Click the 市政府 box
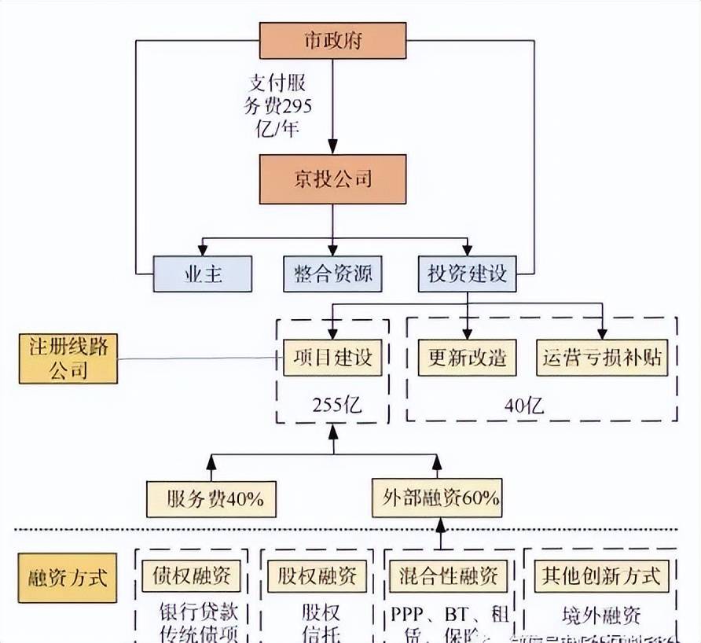click(x=333, y=40)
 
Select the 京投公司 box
click(x=333, y=179)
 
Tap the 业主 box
click(x=203, y=274)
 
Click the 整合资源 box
click(x=333, y=274)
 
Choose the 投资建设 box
click(x=467, y=274)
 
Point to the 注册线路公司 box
click(x=68, y=358)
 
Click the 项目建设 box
click(x=332, y=358)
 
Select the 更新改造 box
click(x=467, y=358)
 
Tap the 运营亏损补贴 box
click(x=603, y=358)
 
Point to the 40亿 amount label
click(x=523, y=406)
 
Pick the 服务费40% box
click(x=210, y=498)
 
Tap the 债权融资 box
click(x=193, y=576)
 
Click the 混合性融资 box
click(x=444, y=576)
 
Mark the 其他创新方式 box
click(x=601, y=576)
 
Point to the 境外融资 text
click(x=601, y=614)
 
